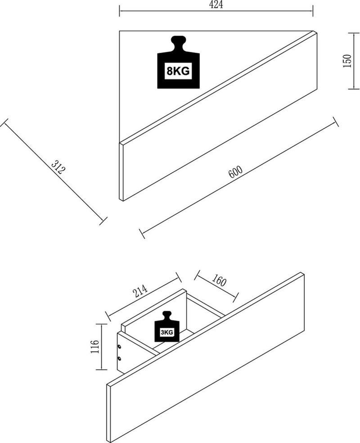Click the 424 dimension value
[x=216, y=4]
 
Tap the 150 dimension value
[x=346, y=60]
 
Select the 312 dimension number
[x=58, y=167]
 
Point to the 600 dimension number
[x=235, y=172]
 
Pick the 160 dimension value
[x=218, y=281]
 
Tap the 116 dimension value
[x=94, y=347]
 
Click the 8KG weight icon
[x=178, y=64]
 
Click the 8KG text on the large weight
[x=178, y=71]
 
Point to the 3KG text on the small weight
[x=167, y=333]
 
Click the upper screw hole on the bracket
[x=119, y=347]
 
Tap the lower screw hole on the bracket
[x=119, y=358]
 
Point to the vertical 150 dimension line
[x=352, y=60]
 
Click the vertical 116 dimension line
[x=102, y=347]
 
